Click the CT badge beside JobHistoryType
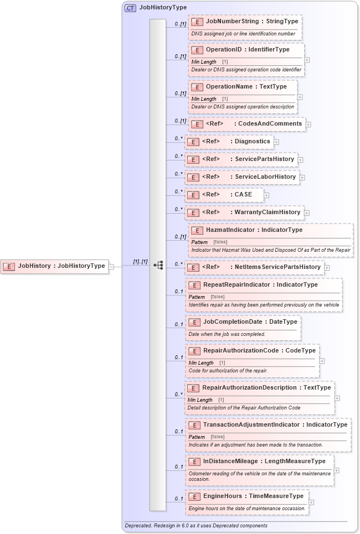pos(130,8)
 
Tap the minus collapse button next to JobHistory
pos(111,266)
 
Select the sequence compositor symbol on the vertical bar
pos(158,266)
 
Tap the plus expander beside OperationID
pos(307,60)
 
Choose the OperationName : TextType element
pos(246,87)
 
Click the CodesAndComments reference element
pos(246,124)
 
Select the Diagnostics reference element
pos(229,142)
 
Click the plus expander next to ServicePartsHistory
pos(301,160)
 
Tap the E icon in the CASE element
pos(193,195)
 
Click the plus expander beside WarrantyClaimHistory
pos(307,212)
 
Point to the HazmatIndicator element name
pos(231,230)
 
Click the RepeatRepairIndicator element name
pos(236,284)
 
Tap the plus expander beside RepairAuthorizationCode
pos(322,361)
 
